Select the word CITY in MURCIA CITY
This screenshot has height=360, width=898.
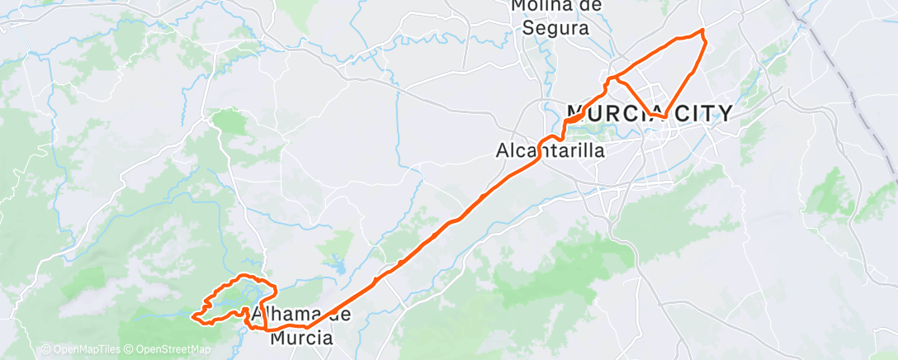click(702, 113)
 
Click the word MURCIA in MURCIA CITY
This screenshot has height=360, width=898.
click(616, 113)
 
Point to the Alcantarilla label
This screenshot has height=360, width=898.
click(550, 151)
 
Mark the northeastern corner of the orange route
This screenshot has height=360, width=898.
click(702, 31)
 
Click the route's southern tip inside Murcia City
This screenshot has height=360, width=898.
click(664, 117)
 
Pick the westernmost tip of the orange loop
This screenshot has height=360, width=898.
click(192, 315)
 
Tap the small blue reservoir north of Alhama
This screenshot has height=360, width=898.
click(340, 267)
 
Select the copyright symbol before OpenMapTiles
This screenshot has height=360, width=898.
click(45, 350)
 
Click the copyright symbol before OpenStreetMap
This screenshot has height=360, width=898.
click(131, 350)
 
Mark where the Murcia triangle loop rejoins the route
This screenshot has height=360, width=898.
click(612, 79)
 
